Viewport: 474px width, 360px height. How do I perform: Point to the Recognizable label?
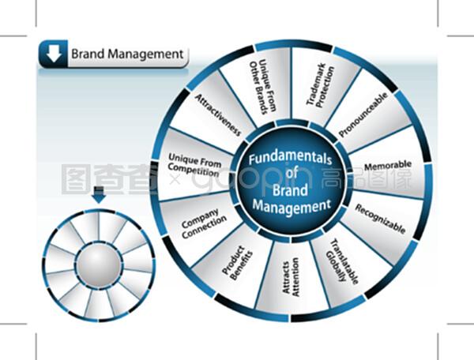click(380, 219)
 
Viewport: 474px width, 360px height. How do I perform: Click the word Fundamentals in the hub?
click(291, 158)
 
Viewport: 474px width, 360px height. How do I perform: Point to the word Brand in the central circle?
click(291, 190)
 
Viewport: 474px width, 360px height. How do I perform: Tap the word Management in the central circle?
click(291, 207)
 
